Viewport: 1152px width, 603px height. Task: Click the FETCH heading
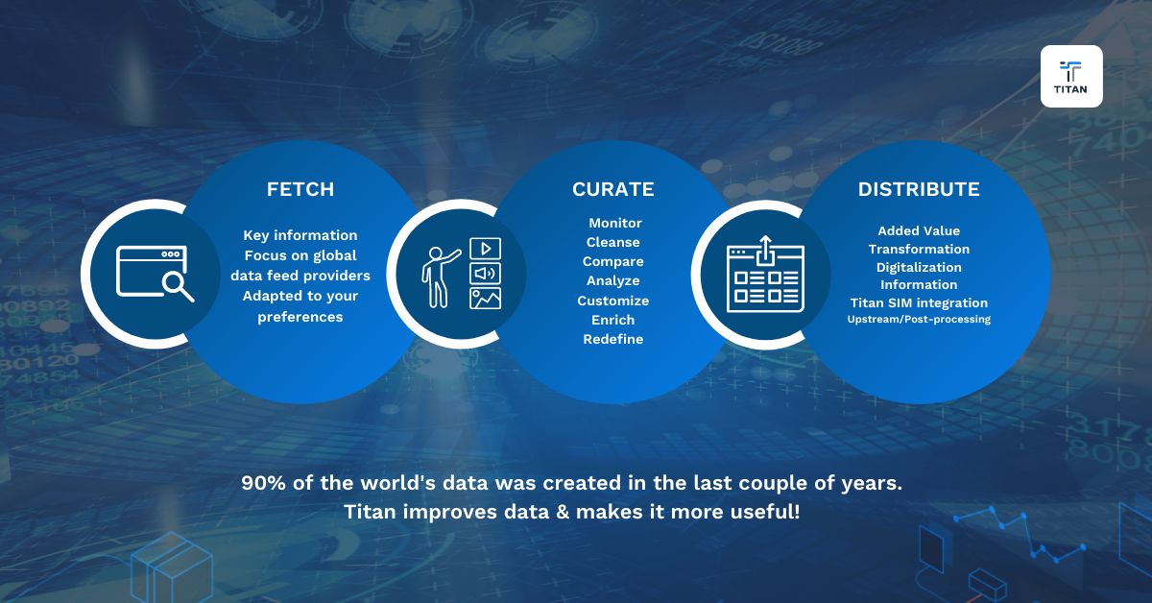300,189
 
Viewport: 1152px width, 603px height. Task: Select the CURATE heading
612,189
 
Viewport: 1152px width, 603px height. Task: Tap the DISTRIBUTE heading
919,189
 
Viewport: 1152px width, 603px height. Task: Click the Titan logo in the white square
1071,76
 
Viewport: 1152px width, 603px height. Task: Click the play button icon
485,249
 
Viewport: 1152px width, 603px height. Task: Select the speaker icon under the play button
485,274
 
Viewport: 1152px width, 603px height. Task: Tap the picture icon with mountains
485,299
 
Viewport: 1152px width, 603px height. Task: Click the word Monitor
615,223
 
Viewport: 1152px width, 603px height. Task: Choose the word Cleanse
613,242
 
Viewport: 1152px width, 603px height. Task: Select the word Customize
613,301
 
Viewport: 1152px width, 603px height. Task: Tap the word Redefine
613,339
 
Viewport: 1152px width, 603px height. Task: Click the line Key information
300,235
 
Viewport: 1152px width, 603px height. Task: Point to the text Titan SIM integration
919,302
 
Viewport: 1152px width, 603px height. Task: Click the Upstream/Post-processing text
919,319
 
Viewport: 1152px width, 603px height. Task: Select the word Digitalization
919,267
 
